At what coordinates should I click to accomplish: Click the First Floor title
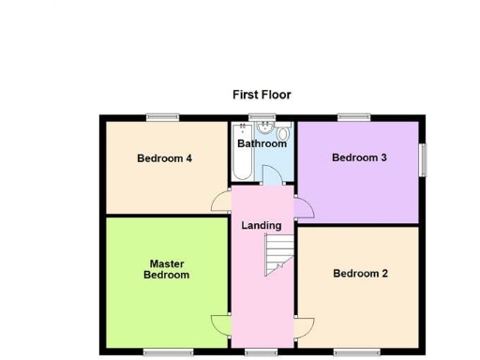[262, 95]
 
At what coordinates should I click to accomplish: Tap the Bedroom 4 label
[164, 158]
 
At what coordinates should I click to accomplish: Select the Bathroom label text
[262, 143]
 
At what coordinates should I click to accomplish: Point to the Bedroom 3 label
[359, 157]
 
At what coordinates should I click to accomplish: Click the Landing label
[262, 225]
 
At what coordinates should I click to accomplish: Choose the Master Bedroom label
[166, 269]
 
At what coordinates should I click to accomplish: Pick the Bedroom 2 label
[360, 274]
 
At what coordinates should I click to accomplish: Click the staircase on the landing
[278, 255]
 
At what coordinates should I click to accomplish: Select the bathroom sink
[264, 131]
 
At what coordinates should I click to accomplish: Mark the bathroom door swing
[271, 175]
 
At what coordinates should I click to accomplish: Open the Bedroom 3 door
[304, 208]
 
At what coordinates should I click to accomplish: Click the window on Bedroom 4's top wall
[163, 117]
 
